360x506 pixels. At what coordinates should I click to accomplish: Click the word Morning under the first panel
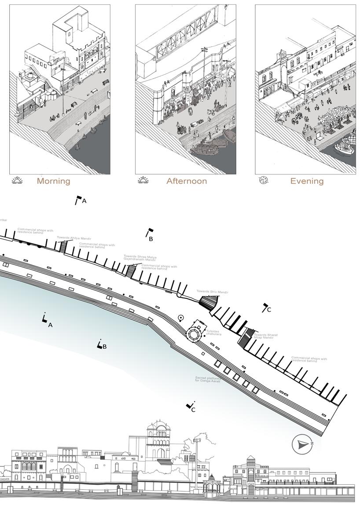[53, 181]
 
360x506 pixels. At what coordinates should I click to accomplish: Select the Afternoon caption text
[186, 181]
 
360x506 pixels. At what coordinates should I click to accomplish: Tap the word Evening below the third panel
[307, 181]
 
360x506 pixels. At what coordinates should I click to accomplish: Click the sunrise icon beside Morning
[17, 180]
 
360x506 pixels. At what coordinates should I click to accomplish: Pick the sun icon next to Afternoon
[143, 180]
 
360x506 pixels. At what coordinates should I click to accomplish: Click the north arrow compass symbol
[302, 445]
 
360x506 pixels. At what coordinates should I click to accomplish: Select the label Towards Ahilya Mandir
[74, 238]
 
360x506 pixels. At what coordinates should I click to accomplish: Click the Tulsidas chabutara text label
[214, 333]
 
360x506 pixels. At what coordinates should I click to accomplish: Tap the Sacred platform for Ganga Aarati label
[208, 379]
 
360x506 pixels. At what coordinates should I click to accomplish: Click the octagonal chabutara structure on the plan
[194, 333]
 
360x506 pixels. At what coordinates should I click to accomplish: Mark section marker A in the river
[46, 321]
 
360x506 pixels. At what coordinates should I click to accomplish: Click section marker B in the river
[101, 345]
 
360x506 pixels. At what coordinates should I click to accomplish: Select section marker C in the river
[191, 406]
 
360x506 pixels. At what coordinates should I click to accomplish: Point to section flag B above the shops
[150, 234]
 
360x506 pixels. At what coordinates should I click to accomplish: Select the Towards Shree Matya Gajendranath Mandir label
[140, 258]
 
